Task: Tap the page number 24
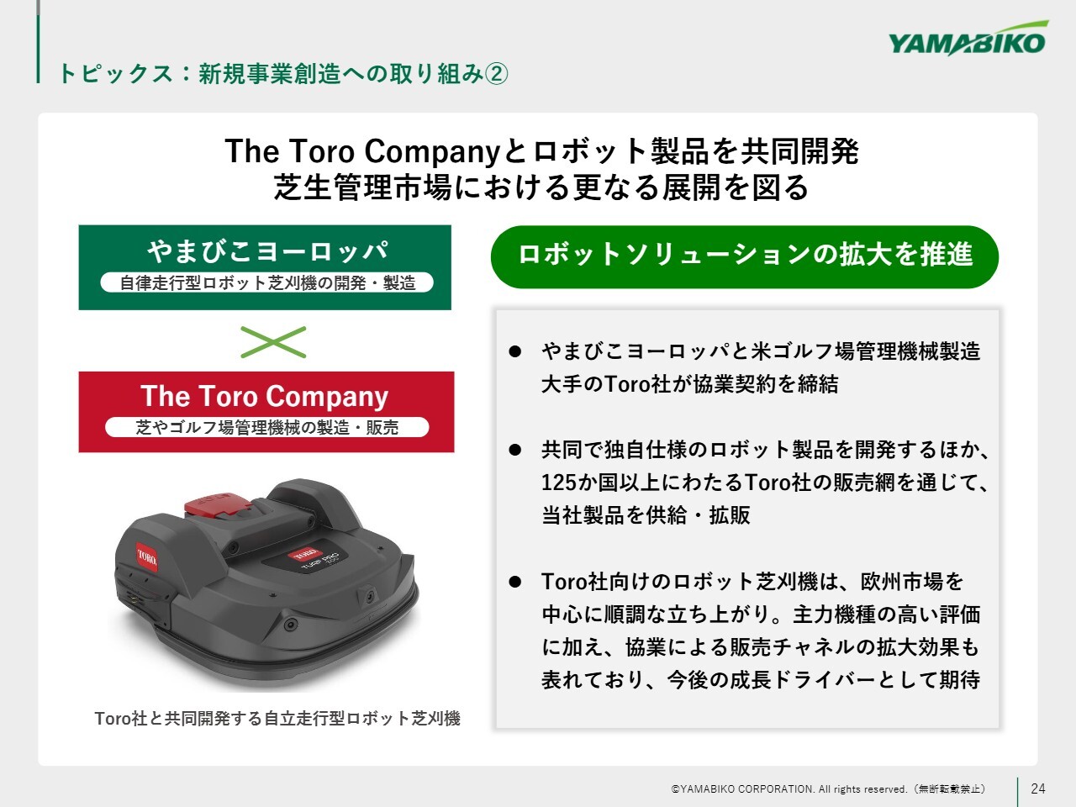tap(1038, 789)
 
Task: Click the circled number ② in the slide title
tap(496, 75)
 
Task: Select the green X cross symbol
tap(273, 342)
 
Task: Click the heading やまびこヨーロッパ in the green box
tap(267, 251)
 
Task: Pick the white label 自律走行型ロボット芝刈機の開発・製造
tap(267, 282)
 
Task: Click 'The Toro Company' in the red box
tap(265, 396)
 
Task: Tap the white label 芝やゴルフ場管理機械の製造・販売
tap(267, 427)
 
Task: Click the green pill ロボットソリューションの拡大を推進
tap(745, 256)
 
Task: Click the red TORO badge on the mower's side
tap(146, 557)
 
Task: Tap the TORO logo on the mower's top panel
tap(304, 554)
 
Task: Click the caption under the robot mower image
tap(277, 718)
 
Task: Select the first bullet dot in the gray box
tap(514, 351)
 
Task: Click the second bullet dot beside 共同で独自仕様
tap(514, 450)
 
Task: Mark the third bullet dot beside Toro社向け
tap(514, 582)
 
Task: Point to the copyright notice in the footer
tap(828, 789)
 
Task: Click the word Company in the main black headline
tap(432, 152)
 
